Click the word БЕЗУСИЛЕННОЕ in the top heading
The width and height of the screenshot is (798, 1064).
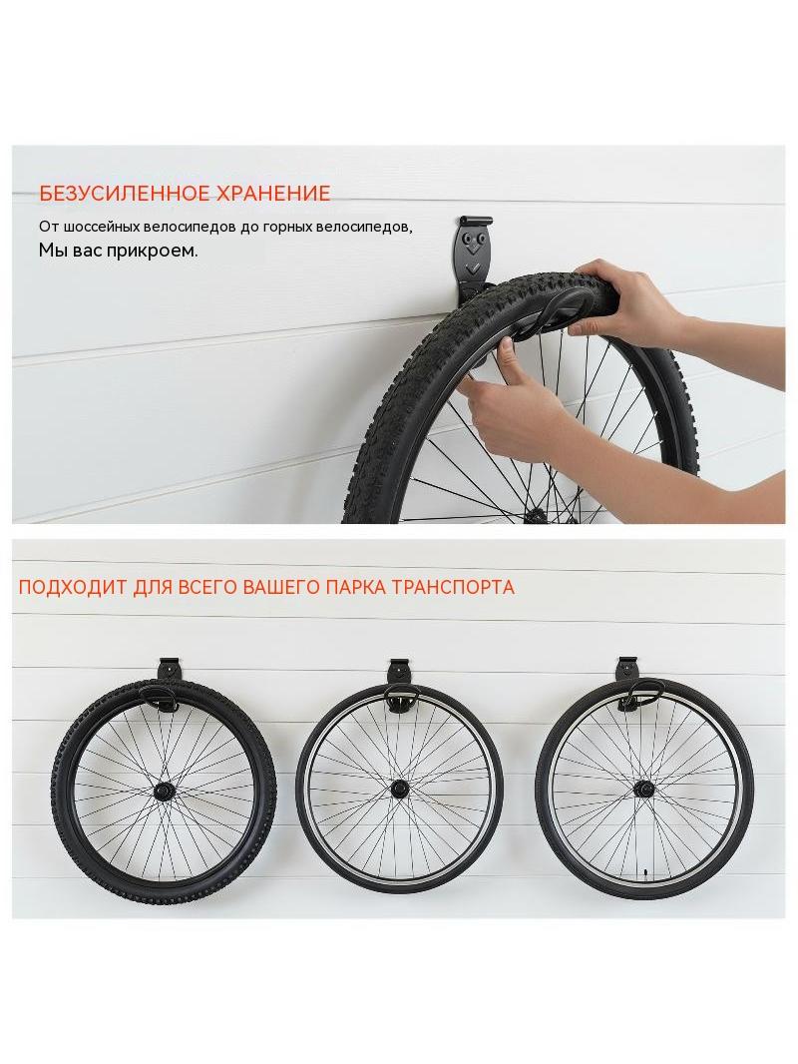pos(124,194)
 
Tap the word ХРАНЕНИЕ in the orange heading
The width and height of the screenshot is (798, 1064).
pos(273,194)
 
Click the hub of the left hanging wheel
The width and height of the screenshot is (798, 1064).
pos(165,791)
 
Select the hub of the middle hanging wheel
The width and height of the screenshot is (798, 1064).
pos(400,790)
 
